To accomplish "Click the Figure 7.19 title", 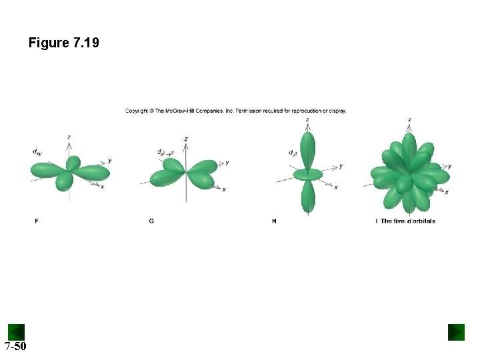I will pos(63,43).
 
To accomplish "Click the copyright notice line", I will pos(235,111).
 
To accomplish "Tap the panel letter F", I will pos(37,221).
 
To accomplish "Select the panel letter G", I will pos(152,221).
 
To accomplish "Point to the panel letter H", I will pos(274,221).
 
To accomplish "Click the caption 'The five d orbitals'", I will pos(407,221).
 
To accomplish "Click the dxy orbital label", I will pos(37,152).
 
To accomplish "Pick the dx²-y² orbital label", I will pos(165,152).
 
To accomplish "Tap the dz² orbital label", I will pos(293,153).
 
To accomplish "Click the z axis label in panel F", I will pos(69,137).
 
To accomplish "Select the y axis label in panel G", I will pos(227,162).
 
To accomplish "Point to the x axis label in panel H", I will pos(335,188).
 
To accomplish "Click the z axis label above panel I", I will pos(409,120).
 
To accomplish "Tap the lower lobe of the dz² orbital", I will pos(307,197).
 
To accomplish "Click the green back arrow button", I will pos(16,331).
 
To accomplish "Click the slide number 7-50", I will pos(15,346).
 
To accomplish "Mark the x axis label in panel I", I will pos(446,193).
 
